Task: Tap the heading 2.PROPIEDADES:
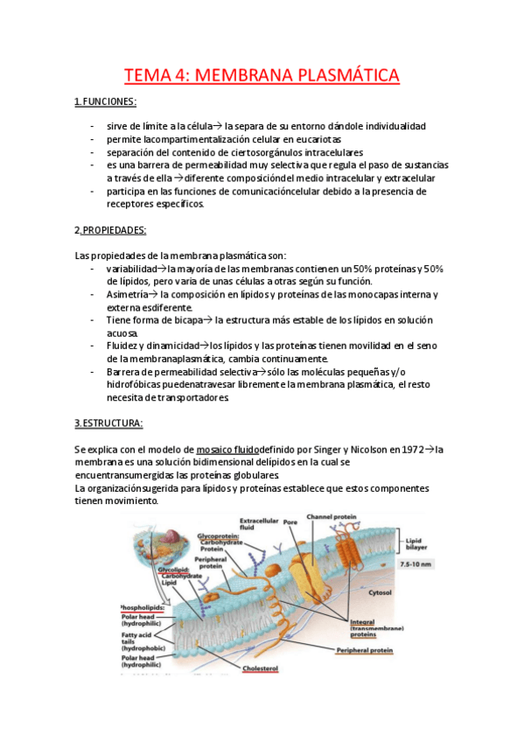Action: tap(110, 230)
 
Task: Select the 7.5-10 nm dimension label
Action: tap(417, 565)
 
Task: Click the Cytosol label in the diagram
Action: tap(379, 591)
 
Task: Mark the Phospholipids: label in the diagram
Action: tap(143, 606)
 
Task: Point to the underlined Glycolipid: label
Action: tap(176, 568)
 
